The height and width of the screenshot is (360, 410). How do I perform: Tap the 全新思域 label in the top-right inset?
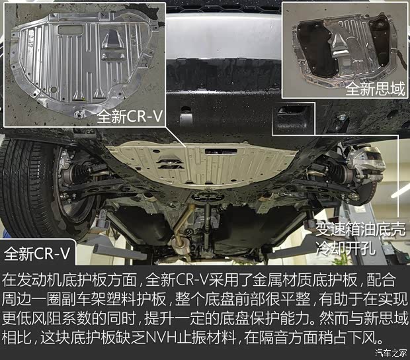pyautogui.click(x=374, y=89)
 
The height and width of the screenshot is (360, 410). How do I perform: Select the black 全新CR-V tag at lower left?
pyautogui.click(x=39, y=253)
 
